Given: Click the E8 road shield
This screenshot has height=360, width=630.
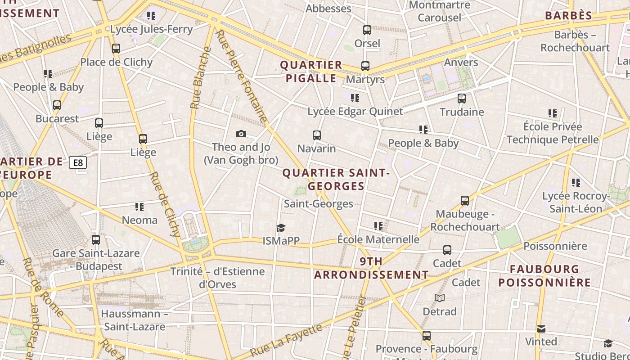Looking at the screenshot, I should tap(78, 162).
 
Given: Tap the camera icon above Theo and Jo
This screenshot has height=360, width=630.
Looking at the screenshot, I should tap(241, 134).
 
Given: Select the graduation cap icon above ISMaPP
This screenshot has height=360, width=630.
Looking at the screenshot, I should tap(281, 228).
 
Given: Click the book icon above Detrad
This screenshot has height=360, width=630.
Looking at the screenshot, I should tap(440, 298).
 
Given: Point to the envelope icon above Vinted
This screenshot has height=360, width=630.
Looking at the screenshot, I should tap(541, 329).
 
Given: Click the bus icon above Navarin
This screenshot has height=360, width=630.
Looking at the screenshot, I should tap(317, 135).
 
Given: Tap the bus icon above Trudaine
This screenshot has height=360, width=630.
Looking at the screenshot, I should tap(462, 99).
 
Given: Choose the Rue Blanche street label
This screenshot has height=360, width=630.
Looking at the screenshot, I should tap(201, 78).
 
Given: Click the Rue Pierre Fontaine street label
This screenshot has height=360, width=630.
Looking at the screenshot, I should tap(242, 76).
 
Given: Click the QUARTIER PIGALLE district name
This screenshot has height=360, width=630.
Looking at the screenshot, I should tap(311, 72).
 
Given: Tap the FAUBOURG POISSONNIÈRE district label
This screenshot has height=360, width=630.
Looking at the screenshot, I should tap(544, 276).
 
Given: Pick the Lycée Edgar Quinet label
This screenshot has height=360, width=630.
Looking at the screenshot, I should tap(355, 111).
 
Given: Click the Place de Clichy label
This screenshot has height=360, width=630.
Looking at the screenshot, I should tap(117, 62).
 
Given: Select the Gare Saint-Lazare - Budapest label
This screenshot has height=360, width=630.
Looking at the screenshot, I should tap(96, 259).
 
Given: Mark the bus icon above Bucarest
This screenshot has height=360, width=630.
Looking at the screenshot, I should tap(57, 105).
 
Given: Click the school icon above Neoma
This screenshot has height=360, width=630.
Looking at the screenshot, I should tap(139, 207).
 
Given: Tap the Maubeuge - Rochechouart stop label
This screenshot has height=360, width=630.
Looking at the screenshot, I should tap(465, 220).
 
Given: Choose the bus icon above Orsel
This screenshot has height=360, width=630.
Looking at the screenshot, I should tap(367, 30).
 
